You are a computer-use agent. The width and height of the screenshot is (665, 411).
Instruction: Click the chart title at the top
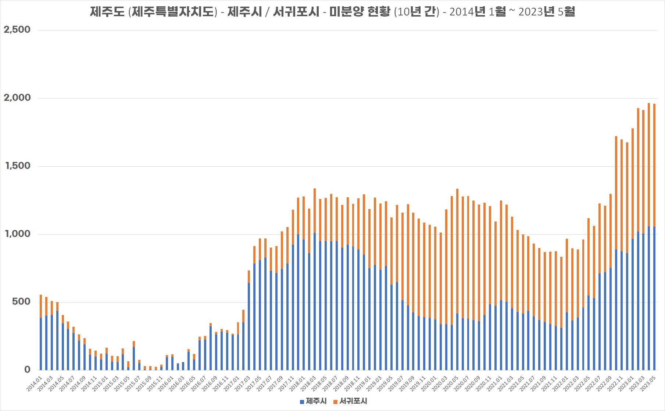pos(332,12)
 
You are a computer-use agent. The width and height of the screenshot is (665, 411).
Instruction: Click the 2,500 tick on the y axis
pos(17,30)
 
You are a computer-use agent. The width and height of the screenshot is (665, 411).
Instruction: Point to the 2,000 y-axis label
pos(17,98)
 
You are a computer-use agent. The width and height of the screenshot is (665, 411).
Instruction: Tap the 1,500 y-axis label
pos(18,166)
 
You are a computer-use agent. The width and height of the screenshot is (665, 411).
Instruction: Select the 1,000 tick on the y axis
pos(18,234)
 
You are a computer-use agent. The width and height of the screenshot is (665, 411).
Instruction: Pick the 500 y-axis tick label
pos(21,302)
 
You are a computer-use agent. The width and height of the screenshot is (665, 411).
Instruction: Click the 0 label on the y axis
pos(27,369)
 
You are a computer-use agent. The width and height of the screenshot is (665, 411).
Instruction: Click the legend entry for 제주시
pos(313,401)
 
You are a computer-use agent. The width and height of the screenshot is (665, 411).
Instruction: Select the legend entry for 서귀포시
pos(350,401)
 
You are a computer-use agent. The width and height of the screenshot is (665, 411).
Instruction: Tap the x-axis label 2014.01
pos(35,383)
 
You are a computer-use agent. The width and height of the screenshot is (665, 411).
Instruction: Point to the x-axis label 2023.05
pos(648,383)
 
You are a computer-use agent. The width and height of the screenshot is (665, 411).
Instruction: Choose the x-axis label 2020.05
pos(451,383)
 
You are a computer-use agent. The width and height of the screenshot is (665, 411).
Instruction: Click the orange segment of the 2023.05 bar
pos(654,166)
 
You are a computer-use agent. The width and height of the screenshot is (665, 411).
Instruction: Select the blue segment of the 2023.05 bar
pos(654,298)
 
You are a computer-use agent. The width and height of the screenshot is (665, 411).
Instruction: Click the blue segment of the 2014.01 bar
pos(41,344)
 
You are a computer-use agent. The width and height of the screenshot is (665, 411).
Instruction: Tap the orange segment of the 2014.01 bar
pos(41,306)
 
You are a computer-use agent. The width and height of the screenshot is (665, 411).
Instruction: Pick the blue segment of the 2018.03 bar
pos(315,302)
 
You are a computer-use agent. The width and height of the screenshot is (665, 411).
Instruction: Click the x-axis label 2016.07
pos(199,383)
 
